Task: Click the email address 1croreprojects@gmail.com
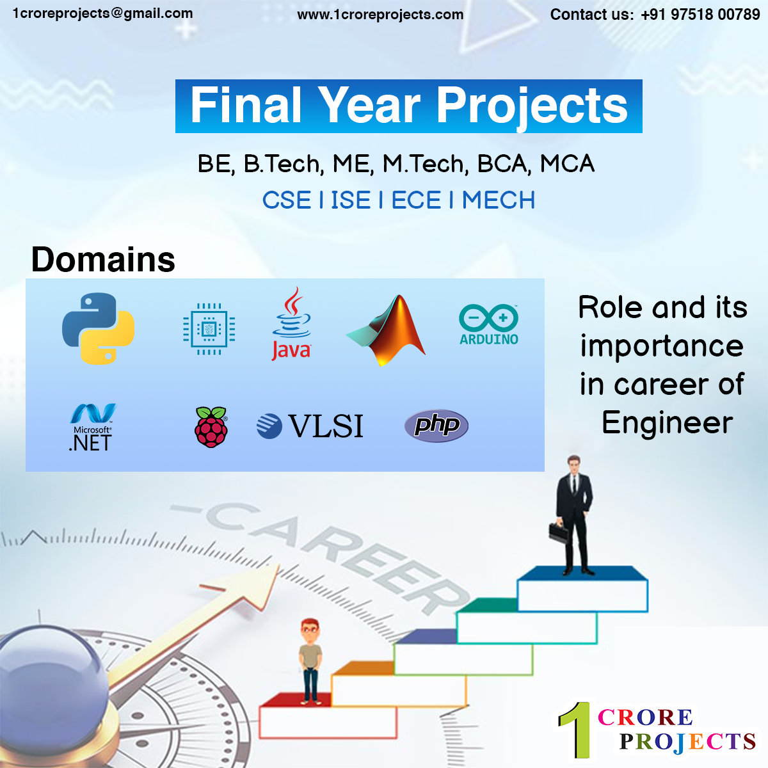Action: [x=102, y=13]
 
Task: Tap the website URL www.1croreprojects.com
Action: [x=380, y=15]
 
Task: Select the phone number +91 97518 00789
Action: [x=700, y=15]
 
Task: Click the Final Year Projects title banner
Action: [x=408, y=106]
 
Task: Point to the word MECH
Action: [x=499, y=200]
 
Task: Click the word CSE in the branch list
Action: [x=287, y=200]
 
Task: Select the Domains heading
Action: [x=103, y=259]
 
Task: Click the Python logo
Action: [x=98, y=328]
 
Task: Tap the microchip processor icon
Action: [x=209, y=329]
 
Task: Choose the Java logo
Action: [x=291, y=324]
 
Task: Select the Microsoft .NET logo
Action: [x=92, y=428]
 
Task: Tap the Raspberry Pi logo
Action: [x=211, y=427]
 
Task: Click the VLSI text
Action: [x=325, y=426]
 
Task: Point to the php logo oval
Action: [x=436, y=426]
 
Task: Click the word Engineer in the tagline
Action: [x=667, y=422]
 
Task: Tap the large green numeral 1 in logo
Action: [x=577, y=730]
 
